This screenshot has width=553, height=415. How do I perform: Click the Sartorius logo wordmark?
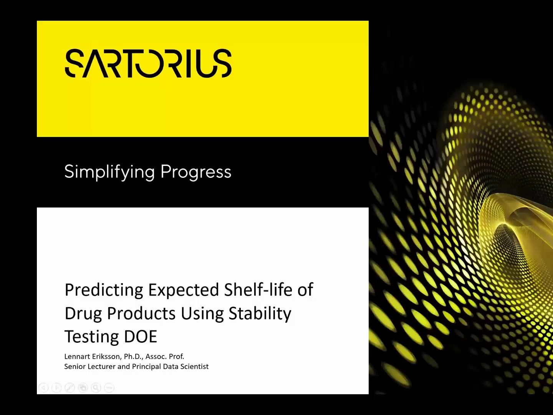148,63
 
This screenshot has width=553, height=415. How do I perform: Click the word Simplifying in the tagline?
109,172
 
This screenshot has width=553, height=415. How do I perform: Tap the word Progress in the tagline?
196,172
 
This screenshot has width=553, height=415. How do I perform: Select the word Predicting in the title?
104,290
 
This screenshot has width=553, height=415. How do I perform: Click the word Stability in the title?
260,313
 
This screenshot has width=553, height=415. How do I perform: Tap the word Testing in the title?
87,337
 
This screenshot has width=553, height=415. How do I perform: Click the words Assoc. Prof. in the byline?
165,356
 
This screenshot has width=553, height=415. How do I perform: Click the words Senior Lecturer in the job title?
90,367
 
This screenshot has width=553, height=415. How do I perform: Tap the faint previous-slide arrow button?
44,388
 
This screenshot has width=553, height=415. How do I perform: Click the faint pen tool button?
70,388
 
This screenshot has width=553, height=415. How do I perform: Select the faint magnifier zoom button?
96,388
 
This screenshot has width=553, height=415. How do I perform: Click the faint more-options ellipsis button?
109,388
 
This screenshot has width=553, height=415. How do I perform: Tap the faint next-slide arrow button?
57,388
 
